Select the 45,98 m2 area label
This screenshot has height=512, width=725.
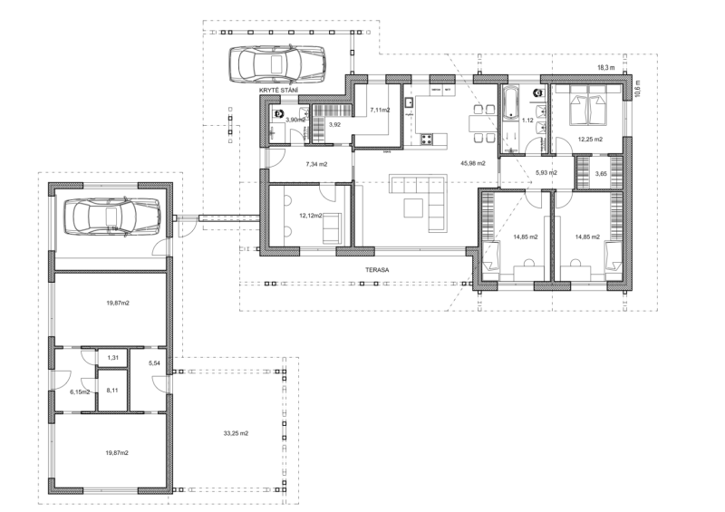pyautogui.click(x=473, y=163)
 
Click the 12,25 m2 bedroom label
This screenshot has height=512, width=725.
pyautogui.click(x=590, y=140)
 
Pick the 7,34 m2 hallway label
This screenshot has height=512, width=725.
pyautogui.click(x=316, y=165)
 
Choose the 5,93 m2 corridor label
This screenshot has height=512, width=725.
pyautogui.click(x=546, y=172)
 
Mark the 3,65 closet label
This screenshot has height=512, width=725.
pyautogui.click(x=600, y=172)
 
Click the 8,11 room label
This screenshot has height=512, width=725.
pyautogui.click(x=113, y=391)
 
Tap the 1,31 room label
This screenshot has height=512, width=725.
pyautogui.click(x=112, y=359)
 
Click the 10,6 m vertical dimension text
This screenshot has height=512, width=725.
pyautogui.click(x=637, y=88)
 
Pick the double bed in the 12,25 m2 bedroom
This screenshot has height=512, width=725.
pyautogui.click(x=586, y=109)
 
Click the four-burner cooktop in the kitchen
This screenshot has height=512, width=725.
pyautogui.click(x=427, y=139)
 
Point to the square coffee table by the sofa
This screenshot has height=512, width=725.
pyautogui.click(x=412, y=208)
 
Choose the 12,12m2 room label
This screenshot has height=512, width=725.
pyautogui.click(x=312, y=216)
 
